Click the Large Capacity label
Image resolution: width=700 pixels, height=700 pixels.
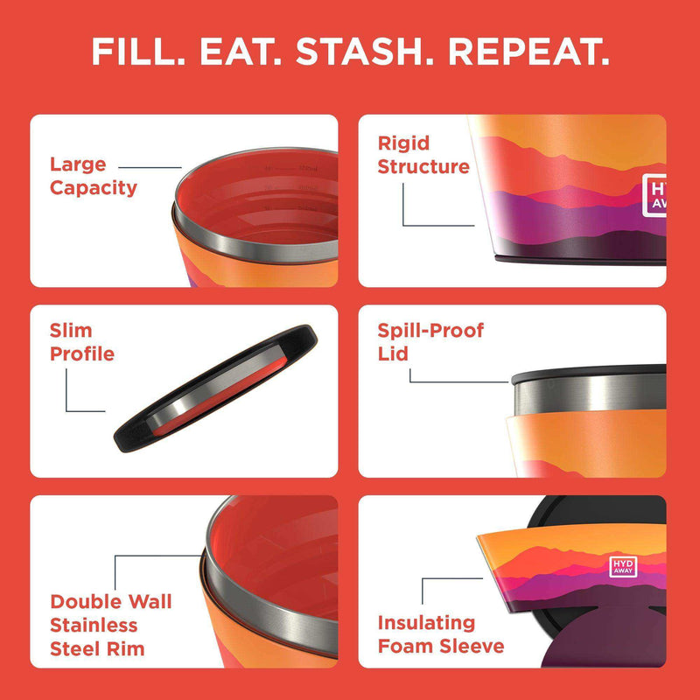tap(93, 176)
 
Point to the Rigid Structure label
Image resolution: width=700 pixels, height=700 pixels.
tap(423, 155)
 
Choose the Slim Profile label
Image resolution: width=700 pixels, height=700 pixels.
tap(81, 342)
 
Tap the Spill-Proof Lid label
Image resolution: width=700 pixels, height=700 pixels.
tap(430, 342)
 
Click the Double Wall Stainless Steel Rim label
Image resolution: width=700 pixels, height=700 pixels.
tap(110, 625)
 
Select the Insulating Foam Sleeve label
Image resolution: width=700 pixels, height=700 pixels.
tap(440, 634)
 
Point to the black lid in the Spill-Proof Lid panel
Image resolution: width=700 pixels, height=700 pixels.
tap(595, 373)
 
